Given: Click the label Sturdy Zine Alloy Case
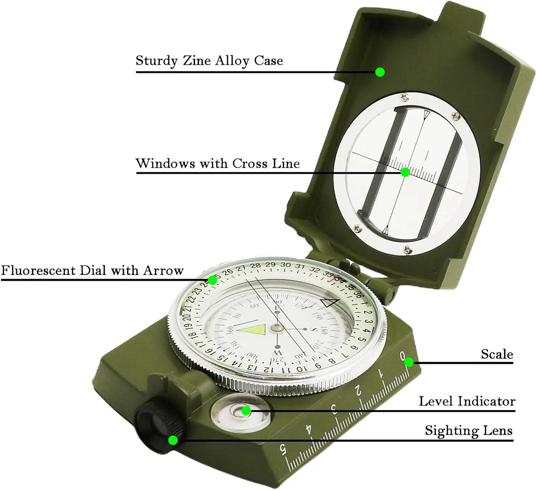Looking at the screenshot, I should pyautogui.click(x=209, y=61).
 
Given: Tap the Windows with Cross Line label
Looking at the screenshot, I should pyautogui.click(x=217, y=163).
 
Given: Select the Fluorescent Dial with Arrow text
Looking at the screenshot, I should pyautogui.click(x=92, y=270).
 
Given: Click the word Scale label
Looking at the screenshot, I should pyautogui.click(x=497, y=354).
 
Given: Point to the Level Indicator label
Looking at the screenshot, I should pyautogui.click(x=467, y=401).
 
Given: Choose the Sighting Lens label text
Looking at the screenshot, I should pyautogui.click(x=469, y=431).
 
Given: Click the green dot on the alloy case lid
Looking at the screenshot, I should pyautogui.click(x=380, y=72).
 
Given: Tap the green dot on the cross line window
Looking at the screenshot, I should pyautogui.click(x=405, y=172).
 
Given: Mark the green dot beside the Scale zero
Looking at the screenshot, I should pyautogui.click(x=409, y=362).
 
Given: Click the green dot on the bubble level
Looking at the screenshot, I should pyautogui.click(x=246, y=411).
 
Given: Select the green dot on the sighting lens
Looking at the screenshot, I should pyautogui.click(x=173, y=440).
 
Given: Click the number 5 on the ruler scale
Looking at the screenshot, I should pyautogui.click(x=284, y=450).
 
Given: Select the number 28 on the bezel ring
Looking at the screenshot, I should pyautogui.click(x=255, y=266).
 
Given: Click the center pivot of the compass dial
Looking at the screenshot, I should pyautogui.click(x=276, y=327).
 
